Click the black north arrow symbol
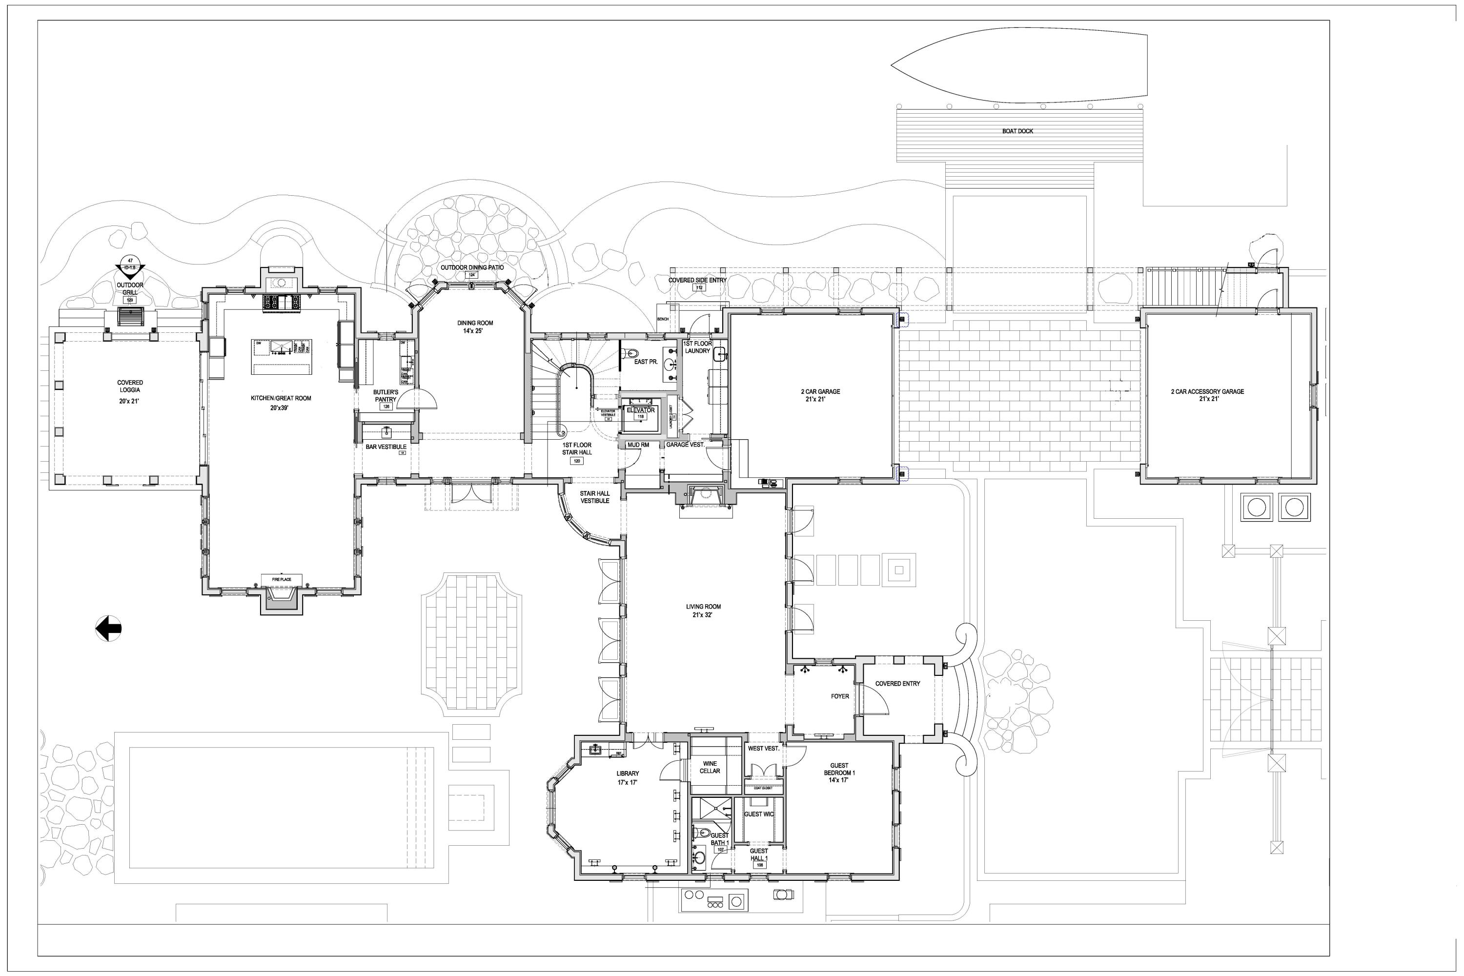click(109, 628)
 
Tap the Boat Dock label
click(1017, 131)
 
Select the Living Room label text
click(703, 610)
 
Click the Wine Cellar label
click(710, 767)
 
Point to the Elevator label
click(640, 410)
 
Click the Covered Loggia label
click(130, 386)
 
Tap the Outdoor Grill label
click(130, 289)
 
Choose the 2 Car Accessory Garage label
click(1207, 395)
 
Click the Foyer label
click(840, 696)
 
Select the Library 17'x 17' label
click(628, 777)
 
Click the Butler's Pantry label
click(386, 396)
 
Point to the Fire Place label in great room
click(282, 580)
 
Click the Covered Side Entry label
click(697, 280)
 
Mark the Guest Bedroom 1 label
click(839, 773)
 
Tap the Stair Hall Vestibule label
click(594, 497)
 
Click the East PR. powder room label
click(646, 362)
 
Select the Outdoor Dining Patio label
click(472, 267)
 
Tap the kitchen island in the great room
click(282, 357)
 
